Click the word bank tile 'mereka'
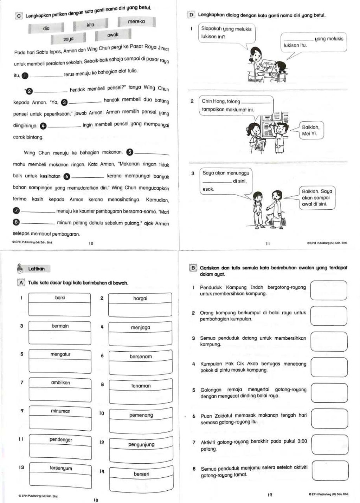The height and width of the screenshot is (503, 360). [136, 22]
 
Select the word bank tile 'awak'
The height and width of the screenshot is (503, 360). [113, 35]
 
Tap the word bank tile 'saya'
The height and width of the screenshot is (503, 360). [69, 39]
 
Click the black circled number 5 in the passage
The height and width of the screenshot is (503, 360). [130, 152]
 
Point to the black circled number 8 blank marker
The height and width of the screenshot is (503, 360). [16, 222]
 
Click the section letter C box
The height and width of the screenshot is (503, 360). [19, 16]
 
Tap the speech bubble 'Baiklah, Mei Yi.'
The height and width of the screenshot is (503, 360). [311, 130]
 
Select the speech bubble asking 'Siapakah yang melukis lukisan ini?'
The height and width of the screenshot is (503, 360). [227, 33]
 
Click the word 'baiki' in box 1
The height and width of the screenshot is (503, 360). [60, 298]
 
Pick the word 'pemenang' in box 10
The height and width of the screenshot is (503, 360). [141, 415]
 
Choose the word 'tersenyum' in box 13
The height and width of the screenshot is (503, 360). [61, 468]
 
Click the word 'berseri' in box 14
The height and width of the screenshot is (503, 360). [141, 474]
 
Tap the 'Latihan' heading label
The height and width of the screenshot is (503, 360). [37, 269]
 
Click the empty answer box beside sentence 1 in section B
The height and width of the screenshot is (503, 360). [329, 290]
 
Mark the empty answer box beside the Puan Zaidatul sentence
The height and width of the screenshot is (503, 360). [330, 419]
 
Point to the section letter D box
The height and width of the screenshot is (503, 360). [191, 15]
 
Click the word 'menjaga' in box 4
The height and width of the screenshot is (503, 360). [141, 327]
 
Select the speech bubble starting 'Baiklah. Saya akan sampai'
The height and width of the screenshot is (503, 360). [317, 198]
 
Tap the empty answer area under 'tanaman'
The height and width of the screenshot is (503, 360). [141, 397]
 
